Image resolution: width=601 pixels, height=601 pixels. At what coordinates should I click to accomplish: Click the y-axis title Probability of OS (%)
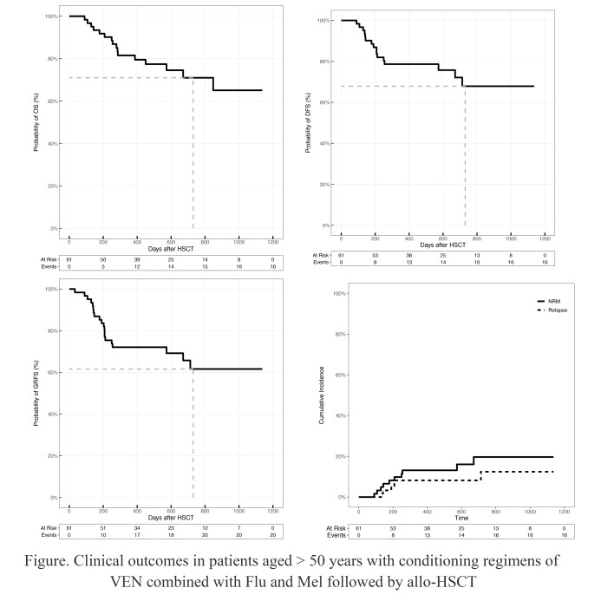click(x=36, y=122)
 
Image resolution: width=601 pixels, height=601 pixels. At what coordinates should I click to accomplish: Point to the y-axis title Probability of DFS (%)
click(x=310, y=122)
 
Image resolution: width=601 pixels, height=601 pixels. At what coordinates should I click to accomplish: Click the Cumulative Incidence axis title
click(x=322, y=395)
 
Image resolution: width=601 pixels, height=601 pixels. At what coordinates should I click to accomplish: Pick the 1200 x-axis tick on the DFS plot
click(x=544, y=238)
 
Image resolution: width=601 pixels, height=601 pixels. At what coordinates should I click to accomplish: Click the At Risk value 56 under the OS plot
click(x=102, y=259)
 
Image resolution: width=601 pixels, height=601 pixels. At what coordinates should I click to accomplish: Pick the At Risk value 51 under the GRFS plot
click(x=102, y=528)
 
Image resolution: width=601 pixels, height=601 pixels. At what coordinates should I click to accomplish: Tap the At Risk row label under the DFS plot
click(x=323, y=256)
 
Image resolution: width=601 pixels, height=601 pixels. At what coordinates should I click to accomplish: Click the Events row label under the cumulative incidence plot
click(x=338, y=535)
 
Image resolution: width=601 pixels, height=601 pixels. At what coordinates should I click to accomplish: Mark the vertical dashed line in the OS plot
click(x=193, y=156)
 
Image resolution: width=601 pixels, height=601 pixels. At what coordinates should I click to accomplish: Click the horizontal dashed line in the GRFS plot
click(x=130, y=369)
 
